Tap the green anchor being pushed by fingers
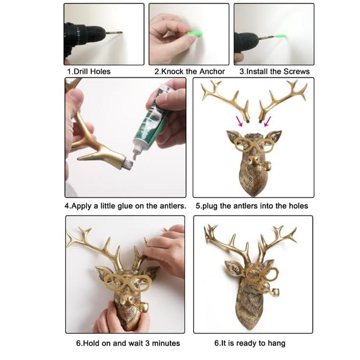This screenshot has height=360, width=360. [194, 34]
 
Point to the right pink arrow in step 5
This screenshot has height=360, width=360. [267, 121]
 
